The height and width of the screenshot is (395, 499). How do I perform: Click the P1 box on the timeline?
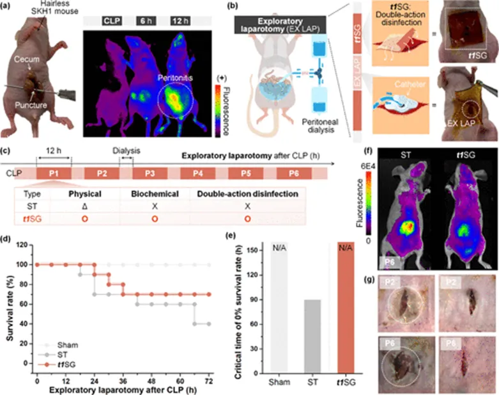click(x=55, y=173)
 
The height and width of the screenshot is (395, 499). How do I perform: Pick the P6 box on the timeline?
click(x=295, y=173)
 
